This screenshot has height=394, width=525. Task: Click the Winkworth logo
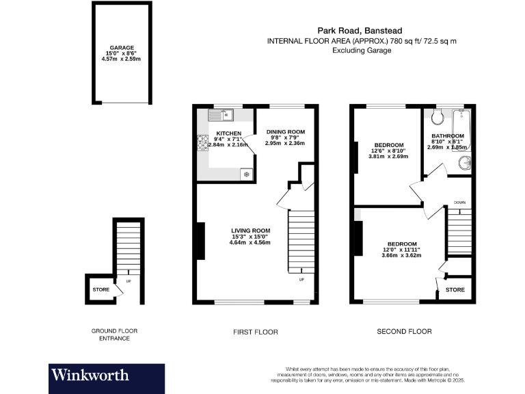[x=90, y=374]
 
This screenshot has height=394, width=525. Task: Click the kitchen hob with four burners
[x=203, y=142]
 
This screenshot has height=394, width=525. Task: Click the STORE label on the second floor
[x=455, y=290]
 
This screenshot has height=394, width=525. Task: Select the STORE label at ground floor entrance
[x=100, y=289]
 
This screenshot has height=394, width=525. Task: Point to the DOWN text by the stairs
[x=459, y=203]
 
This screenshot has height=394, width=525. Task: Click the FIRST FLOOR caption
[x=256, y=332]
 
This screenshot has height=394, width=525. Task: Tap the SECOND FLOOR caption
[x=404, y=332]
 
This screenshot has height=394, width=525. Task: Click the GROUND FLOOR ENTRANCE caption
[x=110, y=334]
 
